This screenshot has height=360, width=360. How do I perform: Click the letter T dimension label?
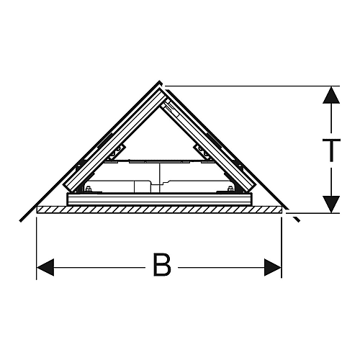pos(331,150)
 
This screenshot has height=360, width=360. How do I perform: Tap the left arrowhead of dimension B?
pos(45,267)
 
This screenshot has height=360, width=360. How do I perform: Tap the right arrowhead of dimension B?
pos(272,267)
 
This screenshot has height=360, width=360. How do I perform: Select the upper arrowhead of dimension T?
pos(331,95)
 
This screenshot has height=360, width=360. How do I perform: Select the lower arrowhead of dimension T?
pos(331,204)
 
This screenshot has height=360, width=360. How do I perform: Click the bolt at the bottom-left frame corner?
pos(88,189)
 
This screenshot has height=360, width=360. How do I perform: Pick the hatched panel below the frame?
pos(159,210)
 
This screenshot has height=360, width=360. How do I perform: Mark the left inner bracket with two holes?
pos(117,152)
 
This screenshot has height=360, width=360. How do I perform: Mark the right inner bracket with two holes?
pos(203,152)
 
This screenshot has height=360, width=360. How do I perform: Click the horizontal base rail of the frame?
pos(160,199)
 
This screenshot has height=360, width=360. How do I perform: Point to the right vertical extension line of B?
pos(282,247)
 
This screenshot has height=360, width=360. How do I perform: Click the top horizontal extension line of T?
pos(251,86)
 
